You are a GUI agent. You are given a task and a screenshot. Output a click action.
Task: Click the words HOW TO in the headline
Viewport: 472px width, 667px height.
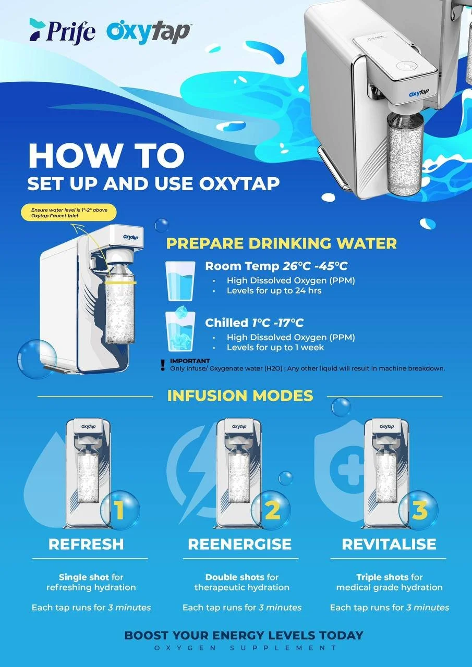(106, 156)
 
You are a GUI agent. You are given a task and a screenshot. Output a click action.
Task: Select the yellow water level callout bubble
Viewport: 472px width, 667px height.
(69, 213)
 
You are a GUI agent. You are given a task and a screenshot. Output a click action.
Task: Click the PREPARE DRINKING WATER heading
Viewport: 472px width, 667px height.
(281, 243)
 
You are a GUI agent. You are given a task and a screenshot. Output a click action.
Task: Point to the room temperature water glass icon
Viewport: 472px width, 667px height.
(180, 281)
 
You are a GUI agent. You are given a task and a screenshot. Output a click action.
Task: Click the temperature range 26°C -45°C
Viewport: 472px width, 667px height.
(315, 266)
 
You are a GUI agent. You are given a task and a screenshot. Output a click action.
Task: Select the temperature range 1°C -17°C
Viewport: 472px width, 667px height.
(277, 323)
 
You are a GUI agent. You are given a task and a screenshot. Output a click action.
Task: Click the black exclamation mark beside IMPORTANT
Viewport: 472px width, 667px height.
(162, 365)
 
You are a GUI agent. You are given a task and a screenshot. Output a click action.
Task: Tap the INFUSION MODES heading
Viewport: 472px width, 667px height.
(240, 396)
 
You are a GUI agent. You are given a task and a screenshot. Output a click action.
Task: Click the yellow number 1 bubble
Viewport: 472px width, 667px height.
(120, 510)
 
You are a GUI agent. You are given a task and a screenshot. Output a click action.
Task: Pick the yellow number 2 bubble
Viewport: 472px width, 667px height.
(271, 510)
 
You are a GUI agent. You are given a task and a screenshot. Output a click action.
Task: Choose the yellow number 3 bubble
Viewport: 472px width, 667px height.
(419, 510)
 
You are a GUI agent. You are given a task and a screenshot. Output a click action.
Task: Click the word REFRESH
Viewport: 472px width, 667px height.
(86, 545)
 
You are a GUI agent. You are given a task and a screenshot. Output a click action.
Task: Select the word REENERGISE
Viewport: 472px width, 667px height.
(240, 545)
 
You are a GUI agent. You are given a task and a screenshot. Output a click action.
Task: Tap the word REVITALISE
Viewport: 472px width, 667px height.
(389, 545)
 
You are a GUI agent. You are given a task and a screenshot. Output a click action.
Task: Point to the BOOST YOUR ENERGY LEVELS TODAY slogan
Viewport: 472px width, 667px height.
(244, 635)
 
